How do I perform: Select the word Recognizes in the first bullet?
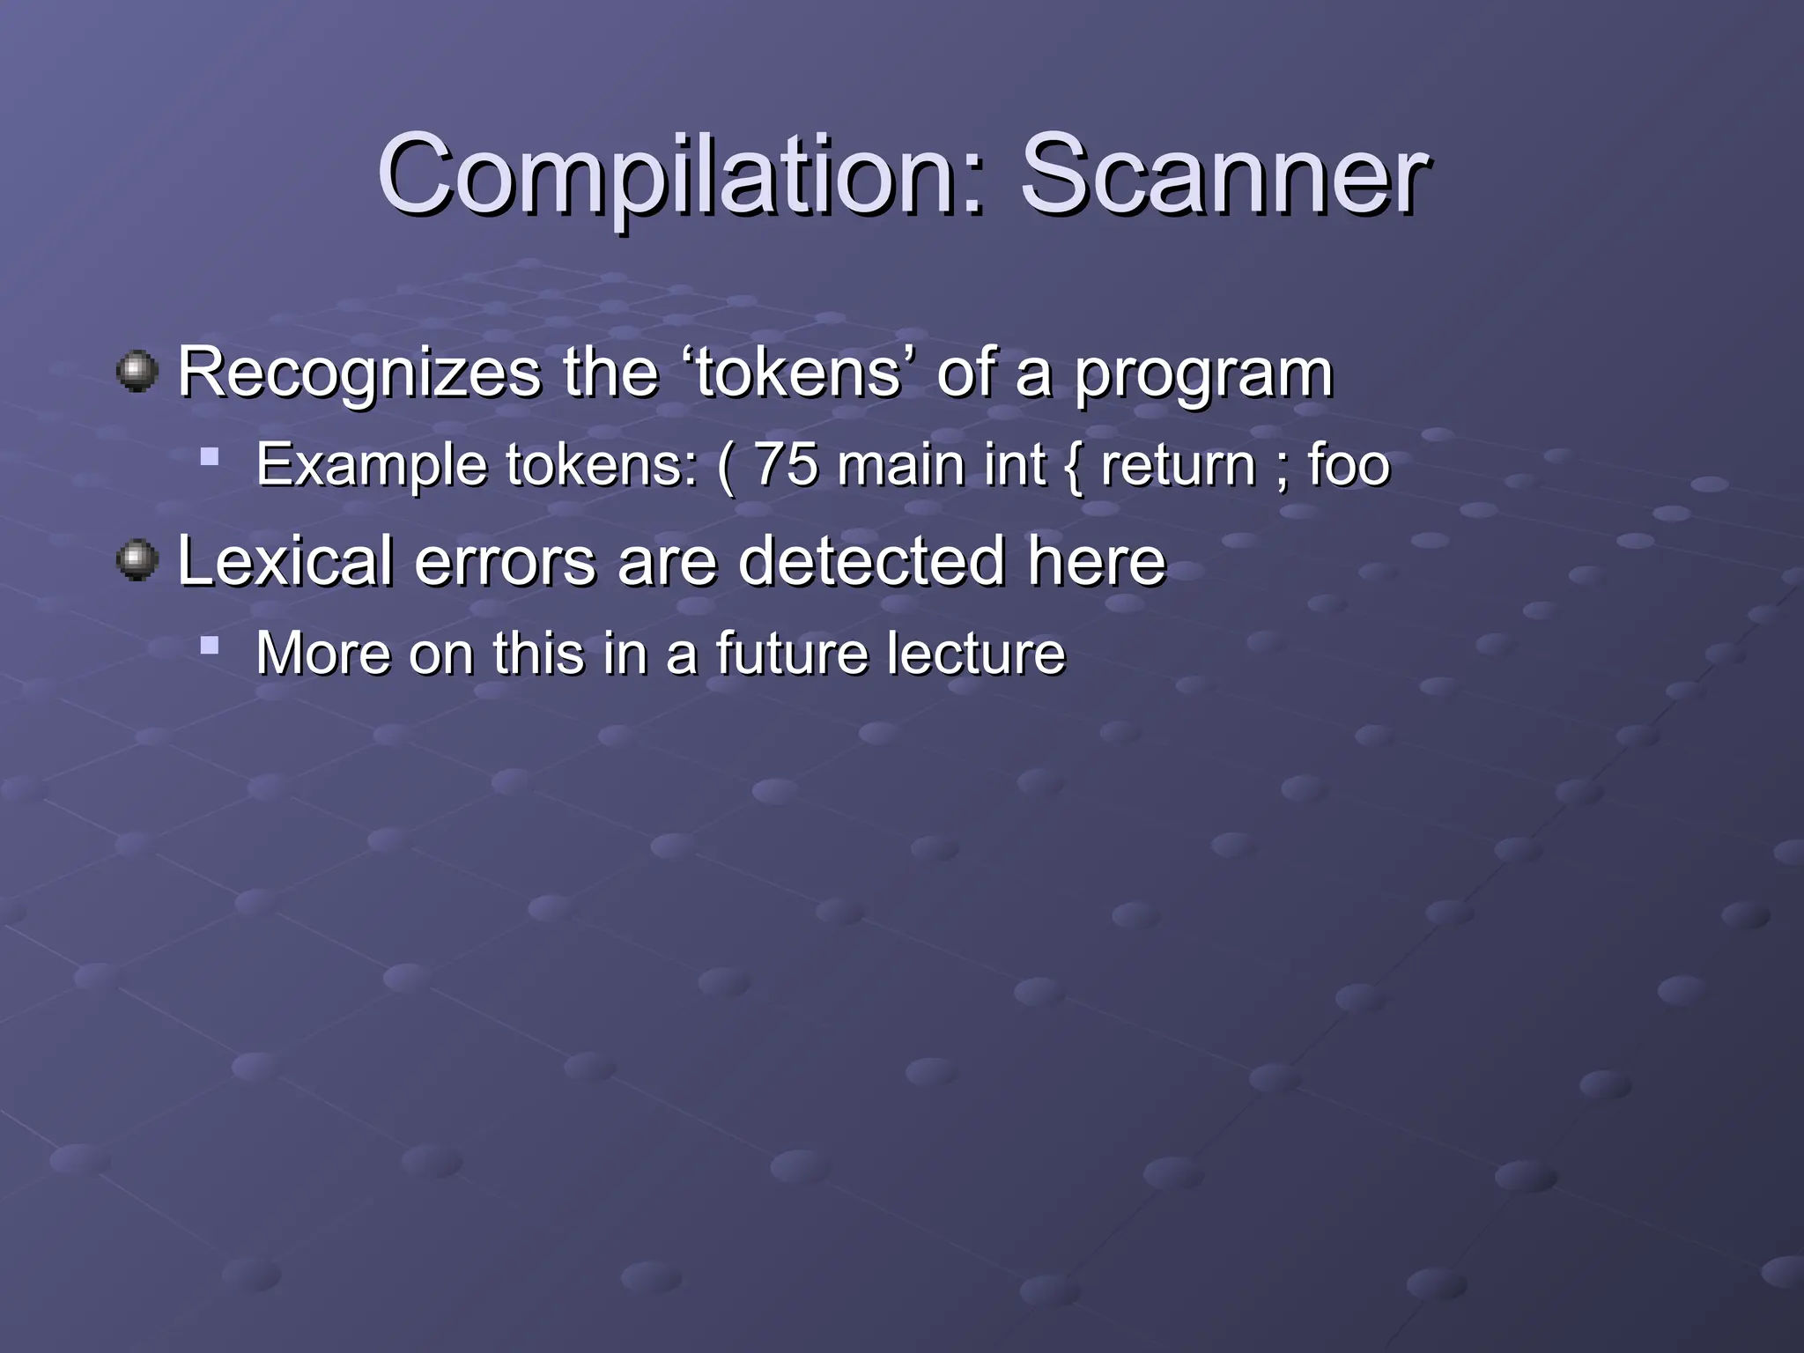pos(359,373)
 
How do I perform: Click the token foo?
pos(1348,464)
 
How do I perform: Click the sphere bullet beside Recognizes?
pos(137,372)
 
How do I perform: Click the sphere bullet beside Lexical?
pos(137,560)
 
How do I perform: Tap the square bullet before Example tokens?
pos(209,456)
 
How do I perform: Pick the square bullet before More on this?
pos(209,646)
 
